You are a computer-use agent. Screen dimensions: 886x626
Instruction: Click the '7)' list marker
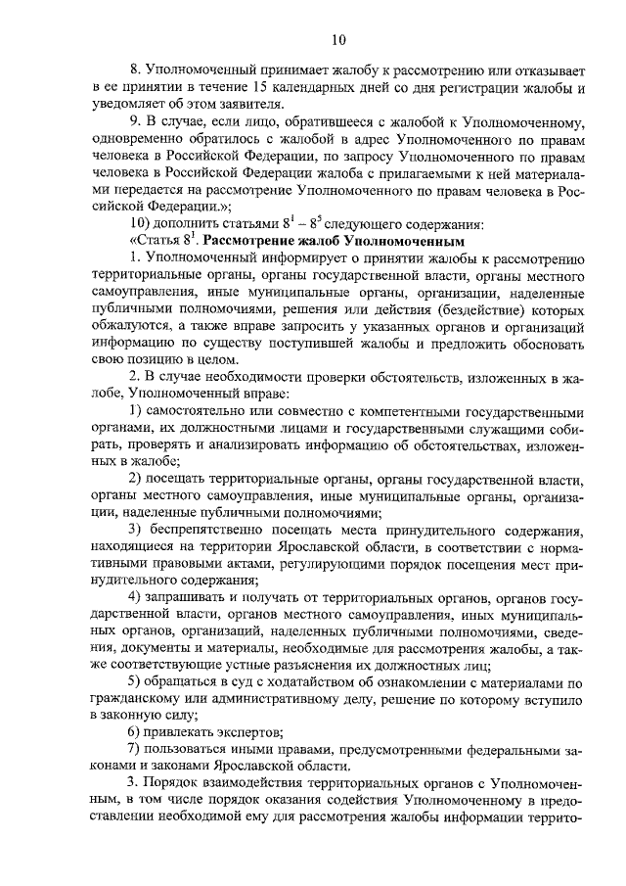(x=136, y=750)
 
